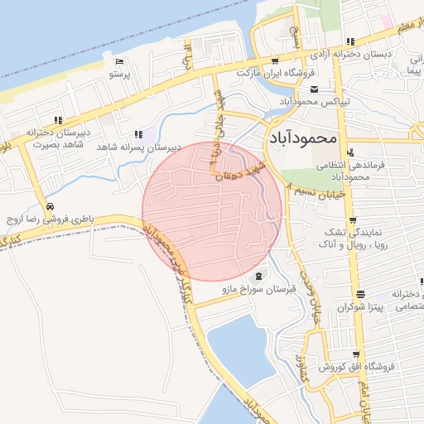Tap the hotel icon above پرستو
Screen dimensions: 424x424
pyautogui.click(x=120, y=61)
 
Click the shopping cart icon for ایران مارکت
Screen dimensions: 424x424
pyautogui.click(x=274, y=60)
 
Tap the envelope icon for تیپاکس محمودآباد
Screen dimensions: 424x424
pyautogui.click(x=314, y=89)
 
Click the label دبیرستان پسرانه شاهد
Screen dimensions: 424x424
pyautogui.click(x=138, y=147)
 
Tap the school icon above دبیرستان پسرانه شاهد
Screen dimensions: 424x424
pyautogui.click(x=138, y=134)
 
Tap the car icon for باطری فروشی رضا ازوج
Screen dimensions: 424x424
pyautogui.click(x=51, y=206)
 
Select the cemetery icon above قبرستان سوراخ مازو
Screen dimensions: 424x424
pyautogui.click(x=261, y=277)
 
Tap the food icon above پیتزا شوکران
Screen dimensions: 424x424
pyautogui.click(x=361, y=295)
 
